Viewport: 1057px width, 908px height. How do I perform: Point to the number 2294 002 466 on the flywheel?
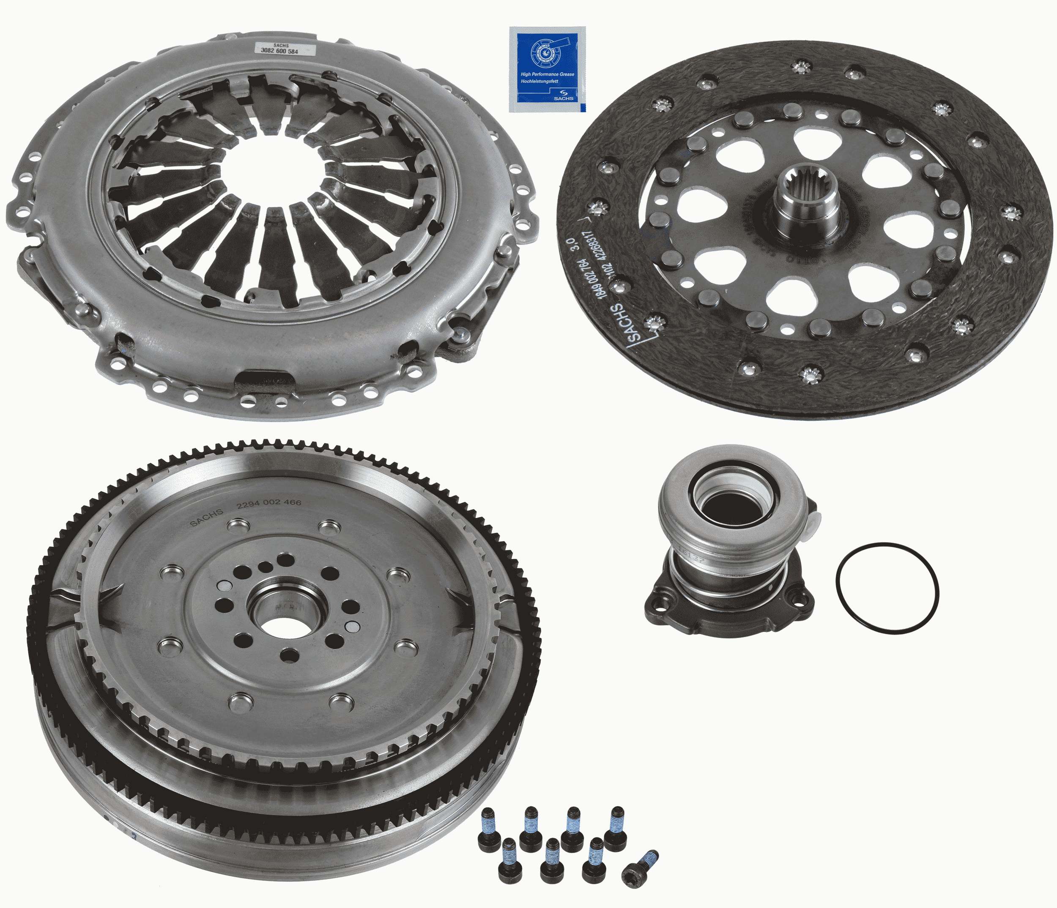coord(269,503)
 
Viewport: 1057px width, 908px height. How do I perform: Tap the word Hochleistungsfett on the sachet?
coord(540,81)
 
